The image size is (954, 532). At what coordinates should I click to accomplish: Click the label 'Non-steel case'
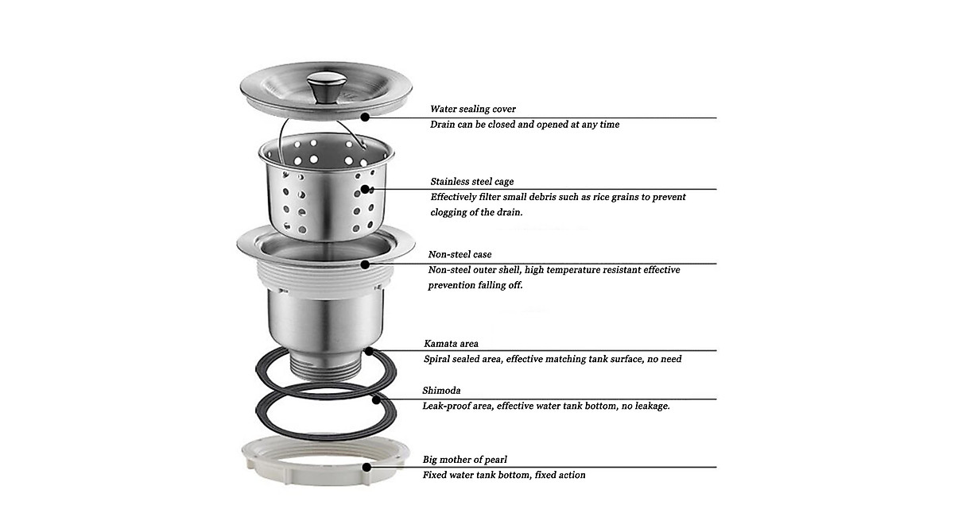pyautogui.click(x=460, y=254)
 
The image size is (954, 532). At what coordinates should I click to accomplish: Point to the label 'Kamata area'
pyautogui.click(x=451, y=344)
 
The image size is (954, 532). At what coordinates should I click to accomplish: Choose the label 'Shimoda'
pyautogui.click(x=441, y=391)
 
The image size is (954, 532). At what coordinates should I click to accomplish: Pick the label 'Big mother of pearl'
pyautogui.click(x=464, y=459)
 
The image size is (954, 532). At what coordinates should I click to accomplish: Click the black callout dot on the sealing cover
pyautogui.click(x=365, y=117)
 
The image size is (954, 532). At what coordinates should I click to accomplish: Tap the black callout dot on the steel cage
pyautogui.click(x=366, y=189)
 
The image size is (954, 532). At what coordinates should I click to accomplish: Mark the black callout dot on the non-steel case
pyautogui.click(x=365, y=263)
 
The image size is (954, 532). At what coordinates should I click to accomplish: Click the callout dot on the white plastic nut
pyautogui.click(x=366, y=467)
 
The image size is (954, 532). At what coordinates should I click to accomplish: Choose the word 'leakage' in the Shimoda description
pyautogui.click(x=648, y=406)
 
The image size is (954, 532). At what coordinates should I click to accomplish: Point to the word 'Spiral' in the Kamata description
pyautogui.click(x=437, y=359)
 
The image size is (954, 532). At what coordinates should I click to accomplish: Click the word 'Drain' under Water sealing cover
pyautogui.click(x=444, y=125)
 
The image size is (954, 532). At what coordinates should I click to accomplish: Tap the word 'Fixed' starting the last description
pyautogui.click(x=435, y=475)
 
